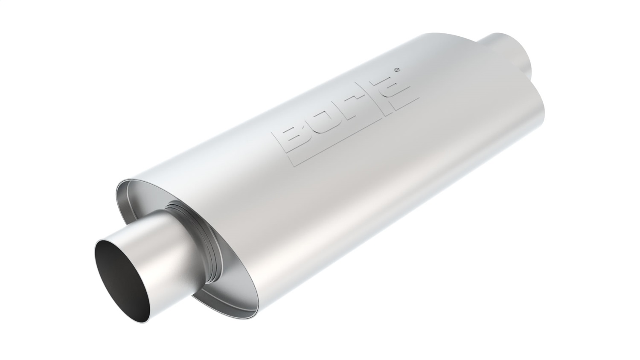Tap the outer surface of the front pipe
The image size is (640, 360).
point(149,239)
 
